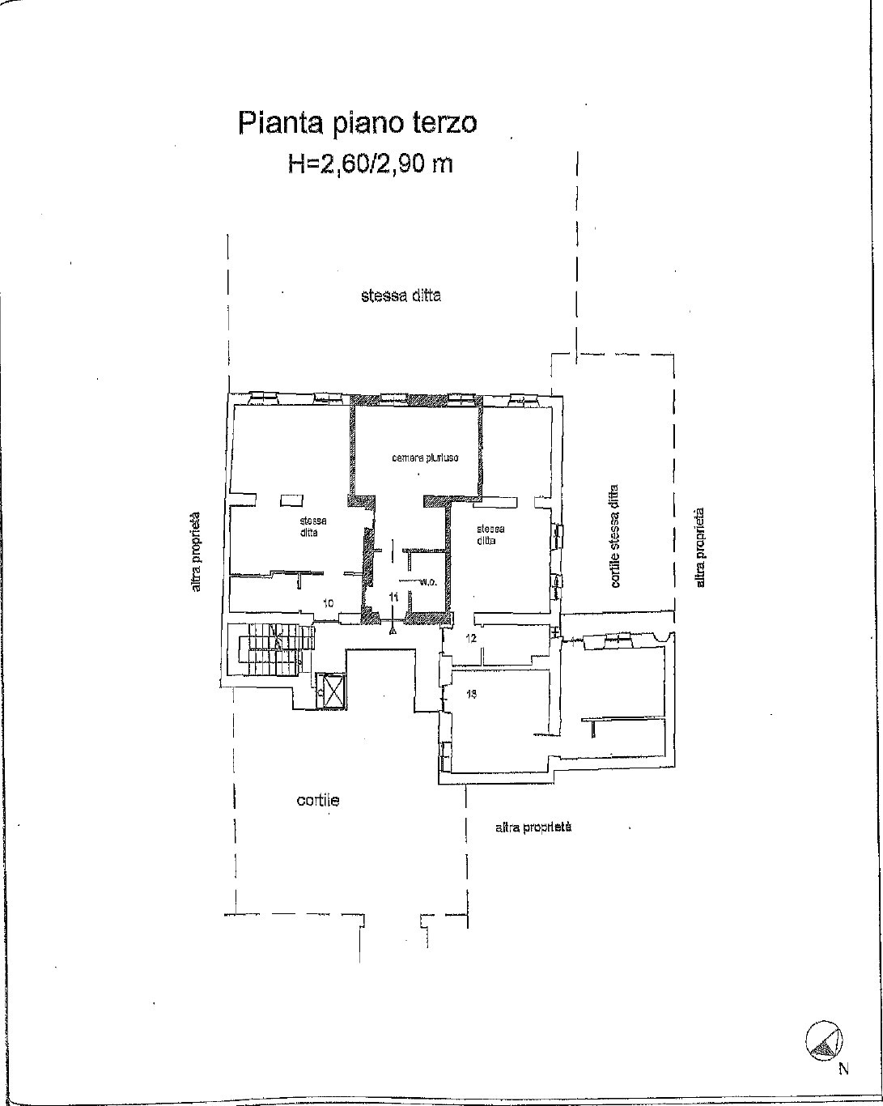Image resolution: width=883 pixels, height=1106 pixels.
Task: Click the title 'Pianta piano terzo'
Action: point(358,123)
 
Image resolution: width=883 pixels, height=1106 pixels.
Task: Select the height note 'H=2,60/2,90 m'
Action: point(371,164)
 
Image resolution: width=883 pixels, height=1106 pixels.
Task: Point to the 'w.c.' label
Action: point(428,581)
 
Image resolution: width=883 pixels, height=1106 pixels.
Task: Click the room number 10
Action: point(328,602)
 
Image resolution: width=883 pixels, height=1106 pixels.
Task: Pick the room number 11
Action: point(394,597)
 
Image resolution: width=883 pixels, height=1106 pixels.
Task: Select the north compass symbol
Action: point(825,1040)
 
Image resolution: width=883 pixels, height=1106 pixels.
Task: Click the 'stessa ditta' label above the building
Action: point(401,296)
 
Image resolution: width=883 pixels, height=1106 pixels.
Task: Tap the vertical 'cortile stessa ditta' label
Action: point(616,536)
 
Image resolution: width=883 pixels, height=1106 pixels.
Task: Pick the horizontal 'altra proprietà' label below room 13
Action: point(533,827)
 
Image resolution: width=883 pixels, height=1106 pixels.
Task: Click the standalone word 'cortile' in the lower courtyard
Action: point(318,801)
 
